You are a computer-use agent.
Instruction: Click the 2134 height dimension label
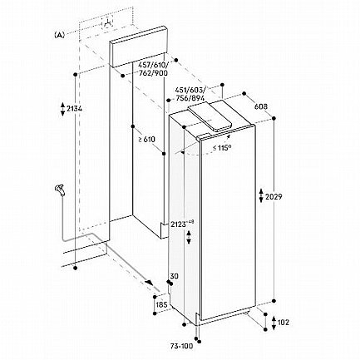click(x=74, y=109)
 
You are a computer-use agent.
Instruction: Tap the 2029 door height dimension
click(x=274, y=197)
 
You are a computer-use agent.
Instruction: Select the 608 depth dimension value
click(x=260, y=106)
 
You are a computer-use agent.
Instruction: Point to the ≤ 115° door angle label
click(x=222, y=147)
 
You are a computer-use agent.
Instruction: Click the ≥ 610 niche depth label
click(x=147, y=140)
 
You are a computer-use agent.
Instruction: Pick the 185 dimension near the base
click(x=161, y=305)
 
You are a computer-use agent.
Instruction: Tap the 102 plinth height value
click(x=283, y=323)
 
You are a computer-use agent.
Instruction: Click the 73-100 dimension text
click(x=182, y=346)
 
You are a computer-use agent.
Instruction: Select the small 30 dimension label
click(x=175, y=276)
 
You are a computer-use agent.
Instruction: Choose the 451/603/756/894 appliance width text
click(x=190, y=94)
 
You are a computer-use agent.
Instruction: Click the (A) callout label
click(x=60, y=35)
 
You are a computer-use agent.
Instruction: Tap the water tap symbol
click(x=60, y=190)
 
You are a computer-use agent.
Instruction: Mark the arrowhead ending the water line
click(x=150, y=283)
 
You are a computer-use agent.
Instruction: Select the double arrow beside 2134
click(x=62, y=109)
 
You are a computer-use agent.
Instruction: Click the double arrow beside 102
click(x=274, y=323)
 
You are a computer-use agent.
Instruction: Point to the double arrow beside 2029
click(x=261, y=195)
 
